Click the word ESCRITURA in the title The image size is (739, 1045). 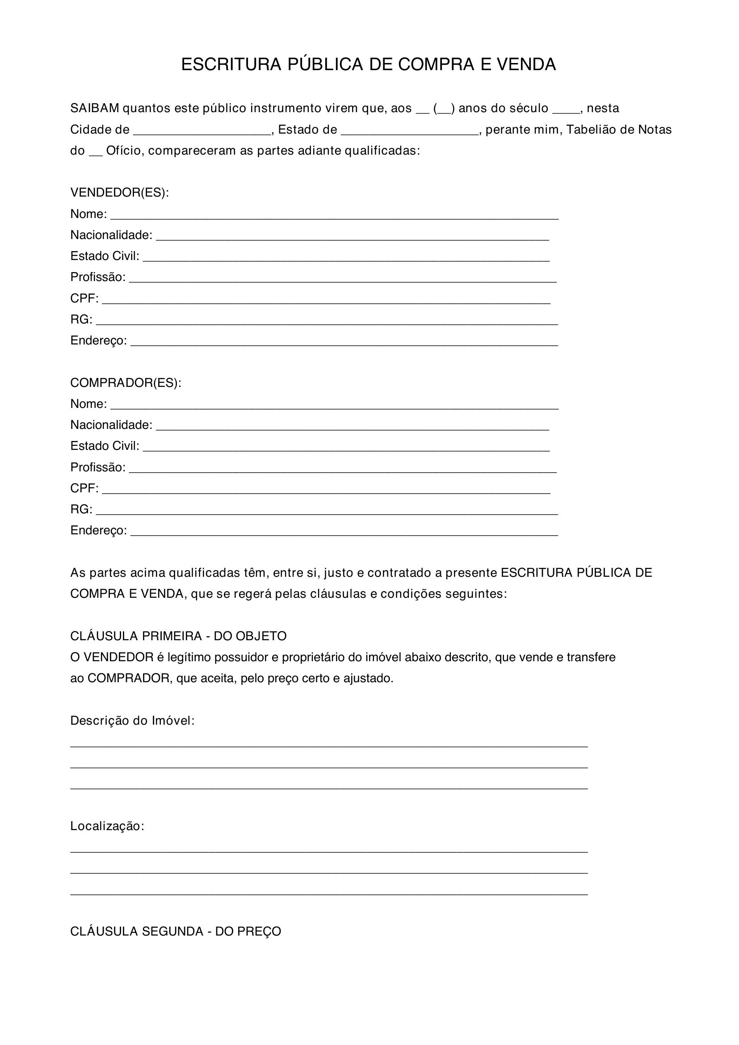point(231,65)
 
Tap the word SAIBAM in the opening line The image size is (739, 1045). point(95,108)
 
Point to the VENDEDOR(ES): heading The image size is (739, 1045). point(119,193)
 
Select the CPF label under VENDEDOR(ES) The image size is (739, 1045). point(84,298)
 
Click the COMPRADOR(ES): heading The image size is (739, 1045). point(126,383)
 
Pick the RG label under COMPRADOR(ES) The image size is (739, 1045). point(81,509)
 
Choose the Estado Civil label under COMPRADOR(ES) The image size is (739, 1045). point(105,446)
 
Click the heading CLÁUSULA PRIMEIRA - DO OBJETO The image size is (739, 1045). point(178,636)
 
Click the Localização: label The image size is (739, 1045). point(107,826)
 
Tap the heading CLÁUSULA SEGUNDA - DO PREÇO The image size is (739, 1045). point(176,932)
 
